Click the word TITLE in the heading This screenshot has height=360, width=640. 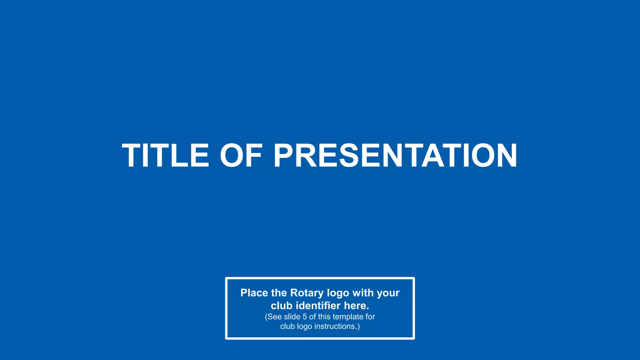(165, 156)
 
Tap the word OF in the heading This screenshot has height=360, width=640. (241, 156)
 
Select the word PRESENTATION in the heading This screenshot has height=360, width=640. (395, 156)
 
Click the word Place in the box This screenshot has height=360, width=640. (254, 293)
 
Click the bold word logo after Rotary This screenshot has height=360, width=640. (338, 293)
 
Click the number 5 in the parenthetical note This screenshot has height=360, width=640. (305, 317)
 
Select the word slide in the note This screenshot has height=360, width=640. (292, 317)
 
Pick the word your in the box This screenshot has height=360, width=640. (388, 293)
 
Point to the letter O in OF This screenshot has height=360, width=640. (231, 156)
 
